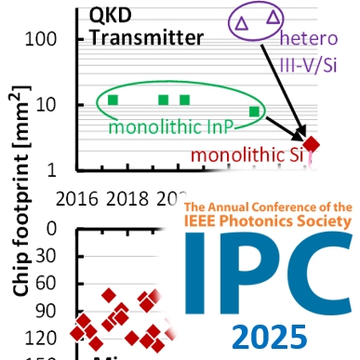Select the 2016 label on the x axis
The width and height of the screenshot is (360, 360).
pos(79,199)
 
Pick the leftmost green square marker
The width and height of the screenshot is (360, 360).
pos(113,100)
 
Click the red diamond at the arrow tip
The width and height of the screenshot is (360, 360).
pos(313,143)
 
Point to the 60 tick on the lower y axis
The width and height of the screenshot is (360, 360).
pos(48,283)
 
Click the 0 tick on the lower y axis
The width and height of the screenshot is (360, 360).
pos(52,229)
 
